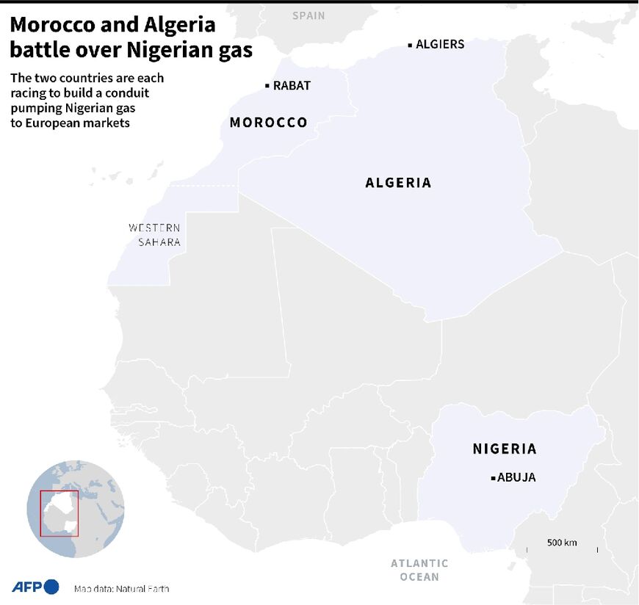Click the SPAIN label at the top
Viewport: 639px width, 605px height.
pyautogui.click(x=308, y=15)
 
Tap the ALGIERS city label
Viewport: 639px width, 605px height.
pyautogui.click(x=440, y=44)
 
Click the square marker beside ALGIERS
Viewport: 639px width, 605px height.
pyautogui.click(x=410, y=45)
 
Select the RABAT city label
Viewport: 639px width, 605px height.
pyautogui.click(x=292, y=86)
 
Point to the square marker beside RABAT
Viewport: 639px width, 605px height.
pyautogui.click(x=267, y=86)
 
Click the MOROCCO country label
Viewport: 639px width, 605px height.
pyautogui.click(x=268, y=122)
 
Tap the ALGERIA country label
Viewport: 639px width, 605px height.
pyautogui.click(x=398, y=183)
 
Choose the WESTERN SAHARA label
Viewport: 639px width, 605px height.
pyautogui.click(x=154, y=235)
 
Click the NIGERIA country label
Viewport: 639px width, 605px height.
pyautogui.click(x=505, y=449)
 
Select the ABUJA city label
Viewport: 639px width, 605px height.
pyautogui.click(x=516, y=477)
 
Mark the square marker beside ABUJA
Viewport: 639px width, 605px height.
pyautogui.click(x=493, y=478)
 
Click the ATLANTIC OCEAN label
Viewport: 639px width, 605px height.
pyautogui.click(x=419, y=570)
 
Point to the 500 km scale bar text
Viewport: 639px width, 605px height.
pyautogui.click(x=562, y=543)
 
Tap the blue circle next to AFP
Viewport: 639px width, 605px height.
pyautogui.click(x=51, y=587)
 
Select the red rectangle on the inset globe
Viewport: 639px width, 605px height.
pyautogui.click(x=59, y=513)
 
